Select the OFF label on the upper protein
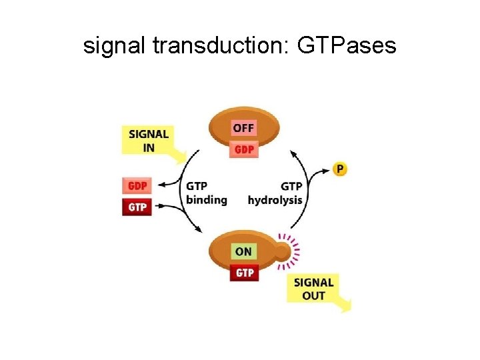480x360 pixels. coord(244,127)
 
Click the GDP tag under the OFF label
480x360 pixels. coord(244,149)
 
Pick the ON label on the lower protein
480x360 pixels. coord(244,251)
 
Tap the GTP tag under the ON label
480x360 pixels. coord(244,273)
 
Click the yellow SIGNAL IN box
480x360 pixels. coord(148,140)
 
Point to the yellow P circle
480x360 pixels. coord(340,169)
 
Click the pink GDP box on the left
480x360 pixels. coord(137,185)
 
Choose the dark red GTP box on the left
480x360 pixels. coord(137,207)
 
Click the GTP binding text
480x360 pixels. coord(207,193)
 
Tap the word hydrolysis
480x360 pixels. coord(275,200)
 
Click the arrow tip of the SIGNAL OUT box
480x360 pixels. coord(346,306)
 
